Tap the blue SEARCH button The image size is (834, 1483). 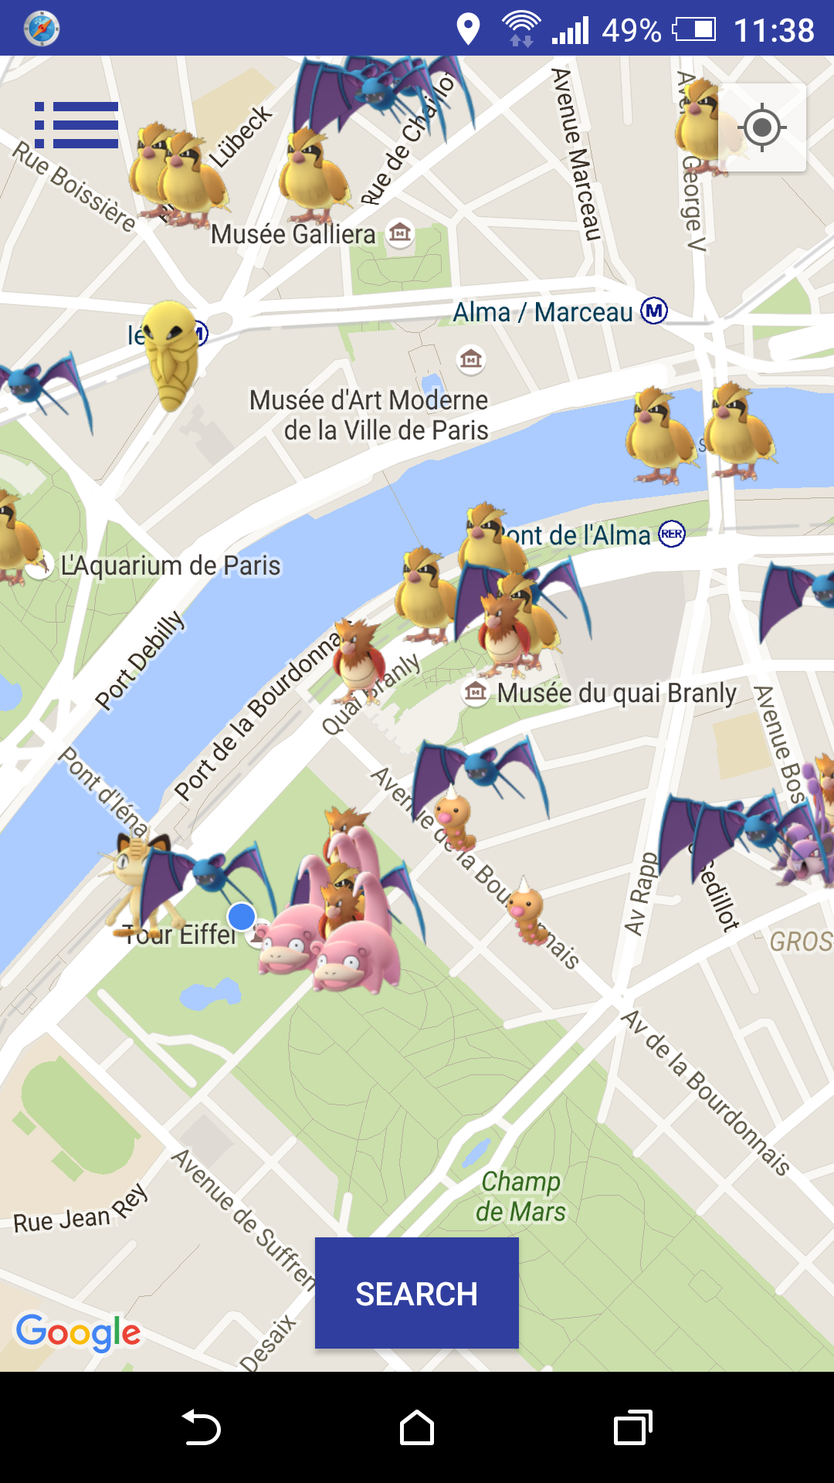[416, 1294]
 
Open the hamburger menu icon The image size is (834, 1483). [76, 125]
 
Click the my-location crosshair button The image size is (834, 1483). [761, 127]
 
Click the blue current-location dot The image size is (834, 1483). [242, 917]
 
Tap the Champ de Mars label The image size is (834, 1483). [520, 1196]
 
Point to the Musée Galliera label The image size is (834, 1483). [293, 234]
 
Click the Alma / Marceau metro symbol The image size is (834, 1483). [654, 311]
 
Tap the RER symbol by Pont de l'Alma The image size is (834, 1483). [672, 534]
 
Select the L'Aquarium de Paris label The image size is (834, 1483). [171, 565]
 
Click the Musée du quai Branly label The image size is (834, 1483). [616, 693]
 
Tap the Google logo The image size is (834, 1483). [78, 1332]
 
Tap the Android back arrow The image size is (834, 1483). [201, 1427]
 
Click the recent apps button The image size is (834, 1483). [632, 1427]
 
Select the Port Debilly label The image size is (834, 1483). [140, 660]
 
